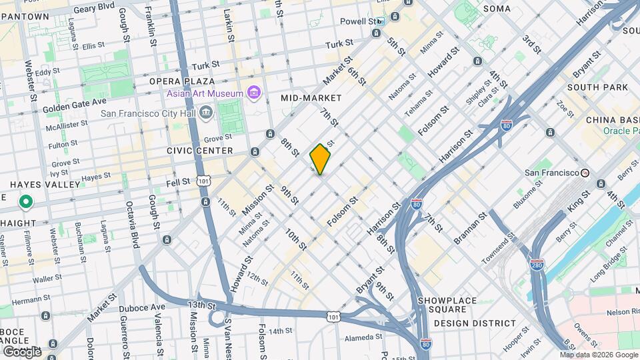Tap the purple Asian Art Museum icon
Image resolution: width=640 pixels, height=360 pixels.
[253, 93]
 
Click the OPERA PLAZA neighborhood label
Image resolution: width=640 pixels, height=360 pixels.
[175, 81]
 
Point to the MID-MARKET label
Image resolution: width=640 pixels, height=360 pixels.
[311, 98]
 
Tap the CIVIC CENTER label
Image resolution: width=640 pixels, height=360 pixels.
[200, 151]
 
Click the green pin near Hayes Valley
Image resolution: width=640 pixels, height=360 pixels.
[26, 201]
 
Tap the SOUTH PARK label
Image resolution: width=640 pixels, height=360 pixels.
[597, 87]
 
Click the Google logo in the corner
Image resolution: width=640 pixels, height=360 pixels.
[22, 351]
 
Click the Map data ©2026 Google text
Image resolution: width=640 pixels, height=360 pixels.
[599, 355]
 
